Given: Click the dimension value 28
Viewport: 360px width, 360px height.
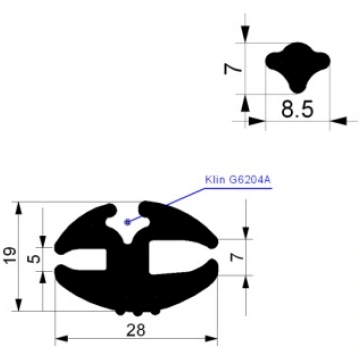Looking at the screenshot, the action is pos(136,330).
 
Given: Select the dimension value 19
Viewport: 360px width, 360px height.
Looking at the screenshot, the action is pos(10,256).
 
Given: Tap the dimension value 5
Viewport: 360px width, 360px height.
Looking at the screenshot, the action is pos(33,259).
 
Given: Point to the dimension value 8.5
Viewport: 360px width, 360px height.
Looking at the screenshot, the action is pos(297,109).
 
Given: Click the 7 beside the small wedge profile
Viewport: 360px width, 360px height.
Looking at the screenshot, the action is pos(233,69).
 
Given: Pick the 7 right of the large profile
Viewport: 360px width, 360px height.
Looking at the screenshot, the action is pos(235,257).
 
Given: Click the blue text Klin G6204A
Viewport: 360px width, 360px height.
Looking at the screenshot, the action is pos(238,180).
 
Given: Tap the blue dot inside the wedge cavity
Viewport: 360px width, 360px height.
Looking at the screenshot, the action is pos(127,222).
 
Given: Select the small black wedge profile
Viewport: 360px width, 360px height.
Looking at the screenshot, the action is pos(298,67).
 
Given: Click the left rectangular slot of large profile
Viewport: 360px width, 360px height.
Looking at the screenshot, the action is pos(85,259).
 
